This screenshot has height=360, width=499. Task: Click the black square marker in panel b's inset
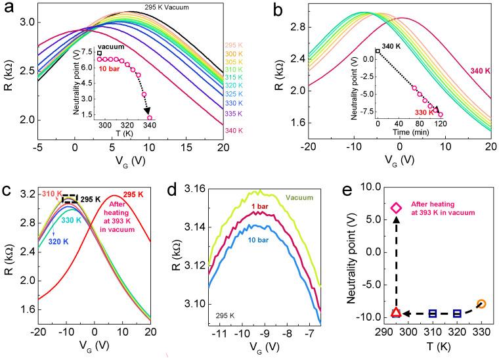[x=378, y=50]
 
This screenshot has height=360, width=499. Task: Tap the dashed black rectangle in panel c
[x=70, y=198]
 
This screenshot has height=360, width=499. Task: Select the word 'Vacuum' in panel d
[x=298, y=196]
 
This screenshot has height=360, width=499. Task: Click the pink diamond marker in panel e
[x=396, y=208]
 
